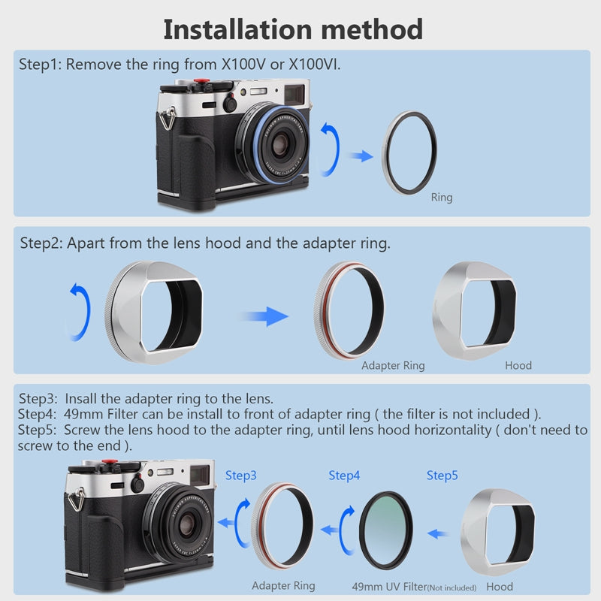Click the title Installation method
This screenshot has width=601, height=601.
pos(293,29)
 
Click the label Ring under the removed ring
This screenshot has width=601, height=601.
pos(442,198)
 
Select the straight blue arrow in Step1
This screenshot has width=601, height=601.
pos(362,156)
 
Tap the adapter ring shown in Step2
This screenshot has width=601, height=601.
pos(349,308)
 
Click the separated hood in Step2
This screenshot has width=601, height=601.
pos(476,310)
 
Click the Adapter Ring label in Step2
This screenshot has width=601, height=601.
pos(393,366)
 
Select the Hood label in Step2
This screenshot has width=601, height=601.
pos(518,366)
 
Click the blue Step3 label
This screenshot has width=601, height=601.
pos(241,476)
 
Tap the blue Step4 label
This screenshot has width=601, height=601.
pos(344,476)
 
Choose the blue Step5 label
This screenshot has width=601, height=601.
pos(442,476)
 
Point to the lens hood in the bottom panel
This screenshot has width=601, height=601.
pos(498,532)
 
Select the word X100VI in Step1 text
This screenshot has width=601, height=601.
pos(316,65)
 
